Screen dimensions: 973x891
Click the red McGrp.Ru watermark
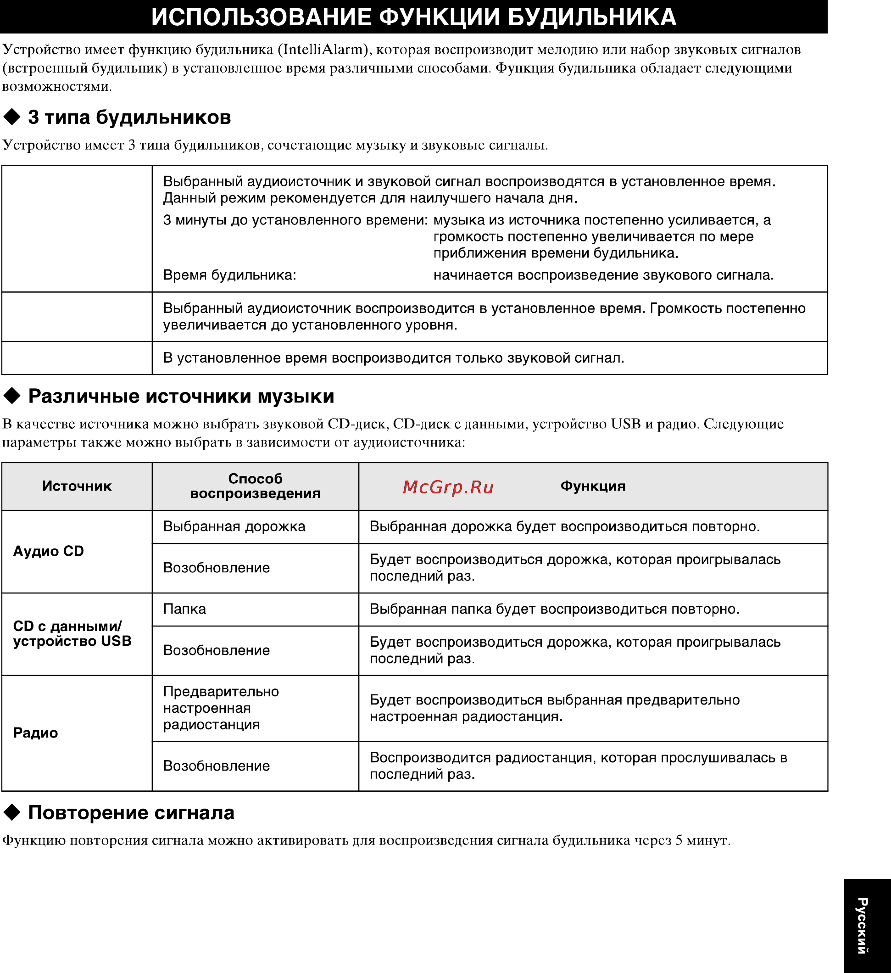[x=448, y=487]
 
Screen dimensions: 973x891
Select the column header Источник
[x=77, y=486]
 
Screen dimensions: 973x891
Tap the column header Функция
[x=593, y=486]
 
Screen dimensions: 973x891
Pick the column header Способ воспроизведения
[x=255, y=486]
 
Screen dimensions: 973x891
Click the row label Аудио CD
[x=48, y=551]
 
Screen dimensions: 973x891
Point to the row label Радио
[x=36, y=733]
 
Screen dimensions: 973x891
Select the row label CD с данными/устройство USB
[x=72, y=634]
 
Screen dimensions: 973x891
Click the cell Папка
[x=185, y=609]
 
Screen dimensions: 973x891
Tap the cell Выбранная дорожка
[x=234, y=526]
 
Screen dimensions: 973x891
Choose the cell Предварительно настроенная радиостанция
[x=221, y=708]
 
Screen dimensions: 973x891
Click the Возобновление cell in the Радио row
[x=216, y=766]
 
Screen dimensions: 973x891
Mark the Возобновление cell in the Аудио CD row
[x=216, y=568]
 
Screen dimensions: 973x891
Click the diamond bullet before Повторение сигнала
[x=12, y=813]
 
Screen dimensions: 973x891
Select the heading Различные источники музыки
[x=181, y=396]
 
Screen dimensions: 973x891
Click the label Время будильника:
[x=229, y=275]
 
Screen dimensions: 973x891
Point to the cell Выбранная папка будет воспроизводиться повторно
[x=554, y=609]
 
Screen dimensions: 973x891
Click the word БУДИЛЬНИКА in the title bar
[x=592, y=17]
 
